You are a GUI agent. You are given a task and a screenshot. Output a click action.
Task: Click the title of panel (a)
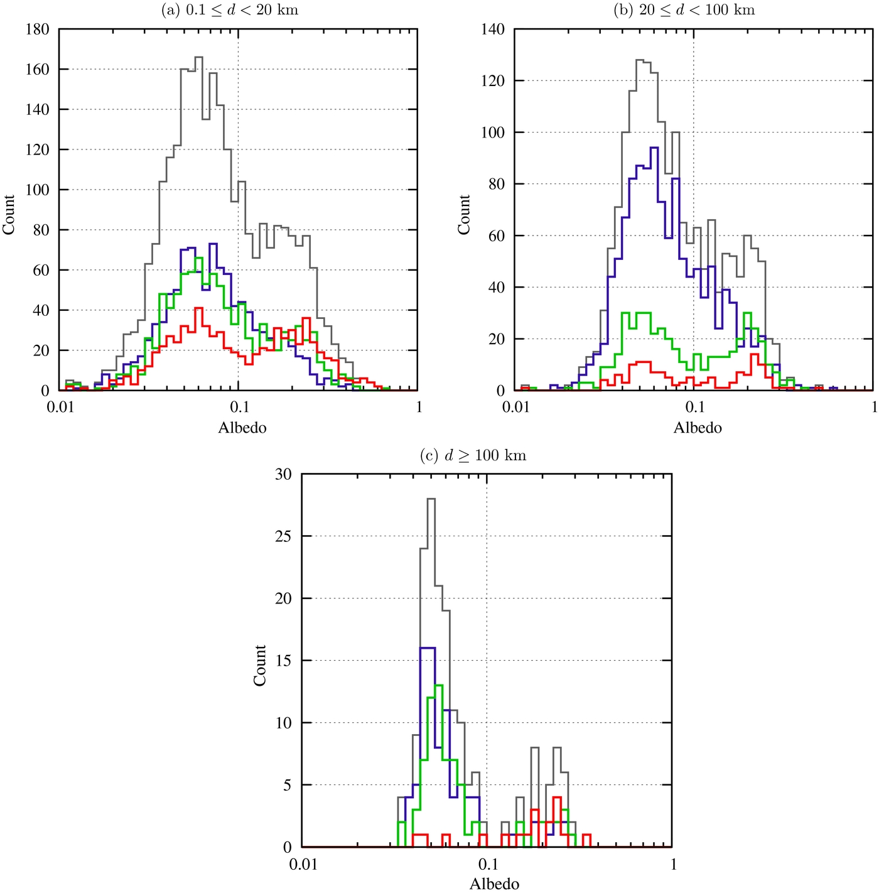coord(230,10)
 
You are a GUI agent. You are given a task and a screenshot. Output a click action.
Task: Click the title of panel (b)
coord(684,10)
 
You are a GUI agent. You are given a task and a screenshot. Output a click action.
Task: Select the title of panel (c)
coord(473,455)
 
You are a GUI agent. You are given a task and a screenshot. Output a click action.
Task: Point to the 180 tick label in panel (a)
coord(38,30)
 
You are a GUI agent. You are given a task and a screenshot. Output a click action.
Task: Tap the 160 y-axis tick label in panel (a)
coord(38,70)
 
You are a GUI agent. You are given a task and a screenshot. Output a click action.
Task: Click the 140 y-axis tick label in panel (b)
coord(493,30)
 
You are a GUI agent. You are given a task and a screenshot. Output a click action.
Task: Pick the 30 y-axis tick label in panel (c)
coord(283,474)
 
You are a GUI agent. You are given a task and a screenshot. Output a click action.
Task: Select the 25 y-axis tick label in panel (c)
coord(283,536)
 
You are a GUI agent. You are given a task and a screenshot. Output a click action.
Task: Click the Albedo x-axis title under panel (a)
coord(242,428)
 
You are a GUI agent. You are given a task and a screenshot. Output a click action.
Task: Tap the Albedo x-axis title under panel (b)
coord(698,428)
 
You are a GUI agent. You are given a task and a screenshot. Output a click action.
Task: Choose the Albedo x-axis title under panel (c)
coord(494,884)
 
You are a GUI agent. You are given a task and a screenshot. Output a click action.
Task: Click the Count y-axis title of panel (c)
coord(260,665)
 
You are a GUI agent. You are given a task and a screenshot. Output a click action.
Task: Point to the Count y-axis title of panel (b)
coord(464,215)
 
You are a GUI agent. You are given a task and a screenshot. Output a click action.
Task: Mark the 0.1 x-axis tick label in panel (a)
coord(239,407)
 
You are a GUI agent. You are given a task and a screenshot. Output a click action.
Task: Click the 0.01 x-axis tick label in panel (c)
coord(303,864)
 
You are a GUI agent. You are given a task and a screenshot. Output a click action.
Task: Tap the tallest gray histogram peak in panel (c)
coord(431,499)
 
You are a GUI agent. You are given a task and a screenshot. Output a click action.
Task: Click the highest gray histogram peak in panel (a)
coord(198,57)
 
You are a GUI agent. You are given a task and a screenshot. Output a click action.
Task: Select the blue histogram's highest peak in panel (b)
coord(654,148)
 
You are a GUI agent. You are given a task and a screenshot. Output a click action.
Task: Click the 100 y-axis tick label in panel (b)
coord(493,133)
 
